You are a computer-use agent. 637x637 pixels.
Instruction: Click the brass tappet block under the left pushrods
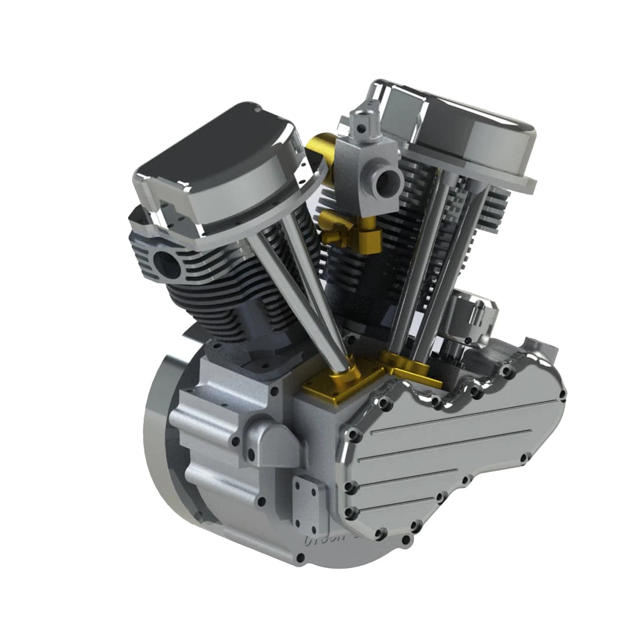(339, 385)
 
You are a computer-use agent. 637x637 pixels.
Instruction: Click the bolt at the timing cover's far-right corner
(562, 395)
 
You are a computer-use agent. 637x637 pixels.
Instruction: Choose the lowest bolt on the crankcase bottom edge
(299, 558)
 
